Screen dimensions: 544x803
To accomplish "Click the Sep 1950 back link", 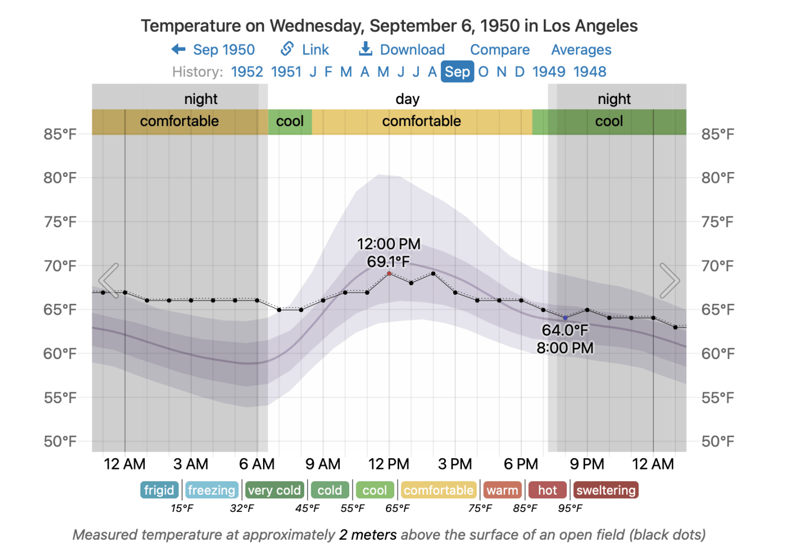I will (x=214, y=50).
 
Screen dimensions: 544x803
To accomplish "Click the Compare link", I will (x=500, y=50).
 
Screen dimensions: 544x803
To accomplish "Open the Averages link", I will (x=581, y=50).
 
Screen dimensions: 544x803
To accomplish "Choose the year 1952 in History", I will (x=247, y=72).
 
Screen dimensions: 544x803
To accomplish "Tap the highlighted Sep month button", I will (x=457, y=72).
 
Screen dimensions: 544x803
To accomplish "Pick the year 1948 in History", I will (x=590, y=72).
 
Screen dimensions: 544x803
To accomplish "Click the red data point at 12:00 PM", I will (x=389, y=273).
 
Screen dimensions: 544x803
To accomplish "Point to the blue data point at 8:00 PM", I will (x=565, y=318).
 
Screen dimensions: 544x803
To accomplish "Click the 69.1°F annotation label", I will (x=388, y=262).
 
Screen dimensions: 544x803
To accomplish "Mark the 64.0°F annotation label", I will (x=565, y=330).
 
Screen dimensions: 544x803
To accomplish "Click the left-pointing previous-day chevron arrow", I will (x=109, y=280).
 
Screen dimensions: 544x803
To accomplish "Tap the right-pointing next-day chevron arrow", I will (x=669, y=280).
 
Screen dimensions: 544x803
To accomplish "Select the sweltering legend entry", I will (x=606, y=490).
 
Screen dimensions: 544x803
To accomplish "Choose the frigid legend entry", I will (x=159, y=490).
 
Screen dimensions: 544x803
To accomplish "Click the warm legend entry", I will (x=502, y=490).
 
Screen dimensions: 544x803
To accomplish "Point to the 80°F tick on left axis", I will (x=60, y=178).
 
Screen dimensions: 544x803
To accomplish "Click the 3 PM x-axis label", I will (x=455, y=464).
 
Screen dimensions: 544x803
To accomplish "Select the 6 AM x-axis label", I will (x=257, y=464).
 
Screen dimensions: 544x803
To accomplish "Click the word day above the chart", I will (x=407, y=99).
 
